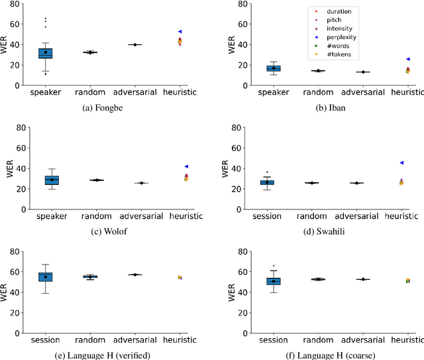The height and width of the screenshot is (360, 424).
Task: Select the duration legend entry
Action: click(335, 11)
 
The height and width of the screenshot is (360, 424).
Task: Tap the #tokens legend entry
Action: click(335, 55)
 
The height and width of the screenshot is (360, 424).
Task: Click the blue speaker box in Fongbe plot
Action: click(46, 53)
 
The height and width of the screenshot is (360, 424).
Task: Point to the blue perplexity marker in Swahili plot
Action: click(401, 162)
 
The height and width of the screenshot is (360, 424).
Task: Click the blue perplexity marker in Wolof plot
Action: click(187, 166)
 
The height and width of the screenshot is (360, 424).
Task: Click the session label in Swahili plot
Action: click(267, 216)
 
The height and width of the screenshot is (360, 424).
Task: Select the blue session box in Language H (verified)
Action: click(46, 276)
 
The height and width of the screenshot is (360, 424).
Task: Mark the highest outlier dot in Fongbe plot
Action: click(46, 19)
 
